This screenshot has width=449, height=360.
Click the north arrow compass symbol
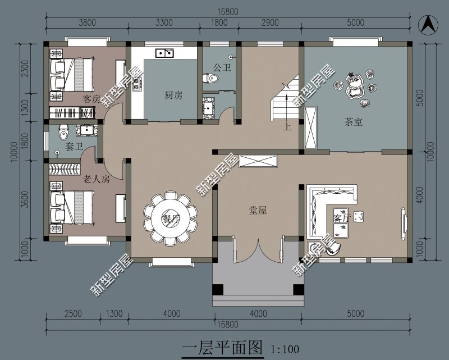pyautogui.click(x=428, y=24)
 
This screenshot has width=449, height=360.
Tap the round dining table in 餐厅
pyautogui.click(x=171, y=219)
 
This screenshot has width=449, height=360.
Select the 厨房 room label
pyautogui.click(x=173, y=95)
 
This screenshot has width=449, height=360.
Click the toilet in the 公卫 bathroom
pyautogui.click(x=210, y=78)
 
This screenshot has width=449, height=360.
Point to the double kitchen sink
pyautogui.click(x=164, y=53)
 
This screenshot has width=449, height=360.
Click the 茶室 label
pyautogui.click(x=354, y=122)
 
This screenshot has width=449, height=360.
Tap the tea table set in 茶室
pyautogui.click(x=355, y=88)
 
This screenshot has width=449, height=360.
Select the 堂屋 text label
pyautogui.click(x=258, y=211)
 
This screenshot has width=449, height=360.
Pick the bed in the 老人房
pyautogui.click(x=72, y=207)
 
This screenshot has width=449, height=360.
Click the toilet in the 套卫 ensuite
pyautogui.click(x=63, y=133)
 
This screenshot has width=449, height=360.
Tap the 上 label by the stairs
pyautogui.click(x=287, y=126)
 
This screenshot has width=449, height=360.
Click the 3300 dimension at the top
pyautogui.click(x=164, y=22)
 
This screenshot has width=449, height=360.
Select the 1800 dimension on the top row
pyautogui.click(x=219, y=22)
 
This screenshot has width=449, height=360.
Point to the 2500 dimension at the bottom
pyautogui.click(x=74, y=313)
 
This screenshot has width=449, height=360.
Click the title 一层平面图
pyautogui.click(x=222, y=348)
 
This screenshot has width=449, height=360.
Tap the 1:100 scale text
pyautogui.click(x=285, y=349)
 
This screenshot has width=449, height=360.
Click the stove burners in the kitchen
pyautogui.click(x=137, y=84)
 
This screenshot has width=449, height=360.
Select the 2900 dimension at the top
pyautogui.click(x=270, y=22)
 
